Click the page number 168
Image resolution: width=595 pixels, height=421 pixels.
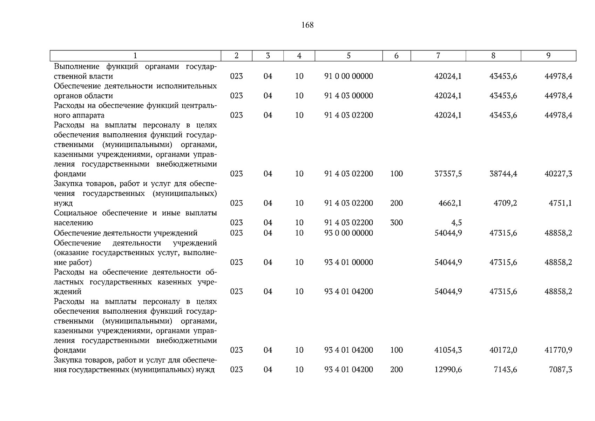point(307,25)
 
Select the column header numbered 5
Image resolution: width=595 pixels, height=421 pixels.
point(349,56)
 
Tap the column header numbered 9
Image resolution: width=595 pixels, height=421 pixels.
point(548,56)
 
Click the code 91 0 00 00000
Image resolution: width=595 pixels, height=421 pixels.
point(349,76)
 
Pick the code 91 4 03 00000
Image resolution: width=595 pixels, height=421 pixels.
point(349,96)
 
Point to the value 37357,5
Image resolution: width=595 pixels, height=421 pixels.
point(448,174)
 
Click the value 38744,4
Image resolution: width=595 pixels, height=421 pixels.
point(503,174)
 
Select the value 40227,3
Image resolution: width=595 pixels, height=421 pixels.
point(558,174)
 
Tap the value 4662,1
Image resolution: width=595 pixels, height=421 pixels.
point(450,203)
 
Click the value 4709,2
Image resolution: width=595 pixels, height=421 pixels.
point(505,203)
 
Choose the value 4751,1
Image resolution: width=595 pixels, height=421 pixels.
point(560,203)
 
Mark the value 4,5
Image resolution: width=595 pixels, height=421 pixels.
point(457,223)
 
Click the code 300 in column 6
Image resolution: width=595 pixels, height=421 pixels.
point(396,223)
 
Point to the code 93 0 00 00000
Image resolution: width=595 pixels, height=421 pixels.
point(349,233)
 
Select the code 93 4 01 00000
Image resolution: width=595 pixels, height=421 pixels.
point(349,262)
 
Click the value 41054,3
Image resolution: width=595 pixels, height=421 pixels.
point(448,350)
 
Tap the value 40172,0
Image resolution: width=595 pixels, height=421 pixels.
point(503,350)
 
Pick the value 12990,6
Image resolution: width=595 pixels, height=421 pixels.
point(448,370)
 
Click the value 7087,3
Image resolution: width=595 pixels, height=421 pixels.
point(560,370)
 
